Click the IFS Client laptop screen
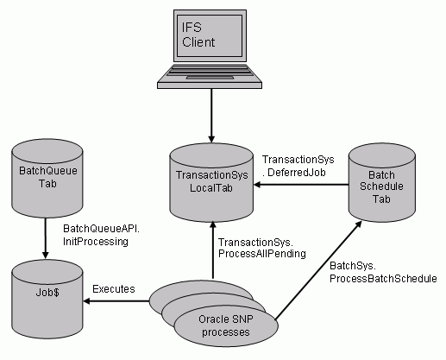(210, 35)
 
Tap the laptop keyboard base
(210, 76)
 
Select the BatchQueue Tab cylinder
(47, 179)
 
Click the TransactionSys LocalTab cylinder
(211, 182)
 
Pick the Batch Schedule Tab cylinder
(382, 182)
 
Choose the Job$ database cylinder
(47, 300)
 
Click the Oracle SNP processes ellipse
(226, 325)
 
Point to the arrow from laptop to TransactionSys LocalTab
(211, 116)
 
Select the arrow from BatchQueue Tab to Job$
(46, 238)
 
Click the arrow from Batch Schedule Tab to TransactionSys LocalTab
(301, 185)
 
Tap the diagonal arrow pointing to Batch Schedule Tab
(318, 270)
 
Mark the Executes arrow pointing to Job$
(116, 301)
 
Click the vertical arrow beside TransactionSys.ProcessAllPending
(213, 250)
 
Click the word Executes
(114, 289)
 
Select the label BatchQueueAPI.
(101, 229)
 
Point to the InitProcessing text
(96, 242)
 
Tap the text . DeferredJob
(294, 173)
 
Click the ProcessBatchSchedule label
(383, 279)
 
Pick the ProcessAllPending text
(262, 254)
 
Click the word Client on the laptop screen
(198, 42)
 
